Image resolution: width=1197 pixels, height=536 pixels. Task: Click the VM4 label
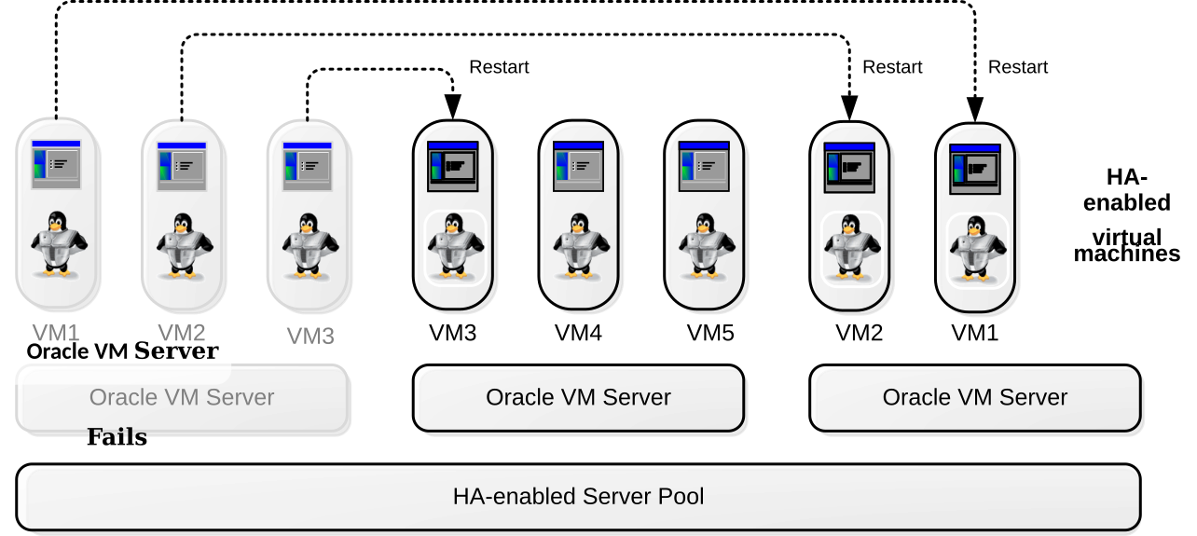point(578,333)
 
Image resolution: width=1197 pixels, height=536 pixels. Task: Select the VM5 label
point(710,333)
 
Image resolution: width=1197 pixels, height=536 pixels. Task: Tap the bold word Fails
point(117,436)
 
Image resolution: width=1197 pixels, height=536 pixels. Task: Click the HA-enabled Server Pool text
point(578,497)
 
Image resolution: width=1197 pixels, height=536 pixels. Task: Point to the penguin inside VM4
point(579,246)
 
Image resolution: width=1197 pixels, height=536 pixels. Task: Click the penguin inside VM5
point(705,246)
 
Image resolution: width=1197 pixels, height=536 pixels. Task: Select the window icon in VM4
point(578,166)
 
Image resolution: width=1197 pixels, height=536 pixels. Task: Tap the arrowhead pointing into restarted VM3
point(453,106)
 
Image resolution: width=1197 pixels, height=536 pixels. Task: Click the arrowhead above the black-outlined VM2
point(849,107)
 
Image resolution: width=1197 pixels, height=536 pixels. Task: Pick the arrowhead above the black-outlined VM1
point(975,109)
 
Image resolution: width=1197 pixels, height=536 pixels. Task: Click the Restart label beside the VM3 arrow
point(499,67)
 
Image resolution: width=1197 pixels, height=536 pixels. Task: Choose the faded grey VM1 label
point(56,333)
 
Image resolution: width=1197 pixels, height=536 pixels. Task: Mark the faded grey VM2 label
point(182,333)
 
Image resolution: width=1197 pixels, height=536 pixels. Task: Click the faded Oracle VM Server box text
point(182,398)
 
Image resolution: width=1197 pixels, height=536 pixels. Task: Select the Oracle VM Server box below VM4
point(578,398)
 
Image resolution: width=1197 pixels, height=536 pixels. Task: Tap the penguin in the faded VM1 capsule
point(59,244)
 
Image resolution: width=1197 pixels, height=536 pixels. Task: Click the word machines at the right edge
point(1127,254)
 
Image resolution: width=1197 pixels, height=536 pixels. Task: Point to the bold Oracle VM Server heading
point(122,351)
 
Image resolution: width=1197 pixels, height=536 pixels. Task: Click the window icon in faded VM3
point(308,166)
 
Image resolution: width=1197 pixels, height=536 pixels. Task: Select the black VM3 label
point(453,333)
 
